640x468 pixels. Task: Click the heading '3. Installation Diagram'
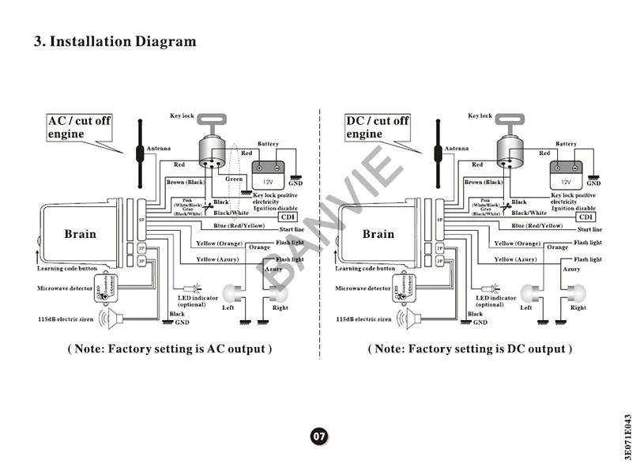(x=115, y=41)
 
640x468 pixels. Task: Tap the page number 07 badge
(x=318, y=436)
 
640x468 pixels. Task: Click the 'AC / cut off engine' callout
(x=78, y=127)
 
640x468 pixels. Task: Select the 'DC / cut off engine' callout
(x=377, y=127)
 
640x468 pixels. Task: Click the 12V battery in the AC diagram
(x=268, y=169)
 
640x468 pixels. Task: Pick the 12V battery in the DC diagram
(x=566, y=169)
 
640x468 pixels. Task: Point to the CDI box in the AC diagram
(x=288, y=217)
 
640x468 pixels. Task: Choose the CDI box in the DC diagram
(x=585, y=217)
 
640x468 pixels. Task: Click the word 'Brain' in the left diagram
(x=80, y=234)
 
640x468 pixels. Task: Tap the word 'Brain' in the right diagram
(x=378, y=234)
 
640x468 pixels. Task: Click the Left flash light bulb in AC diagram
(x=231, y=292)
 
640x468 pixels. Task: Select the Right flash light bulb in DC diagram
(x=577, y=292)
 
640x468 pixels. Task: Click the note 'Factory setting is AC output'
(x=170, y=349)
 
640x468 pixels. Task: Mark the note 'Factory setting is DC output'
(x=470, y=349)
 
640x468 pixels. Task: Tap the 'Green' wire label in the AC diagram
(x=234, y=179)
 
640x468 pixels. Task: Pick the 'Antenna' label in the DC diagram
(x=456, y=149)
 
